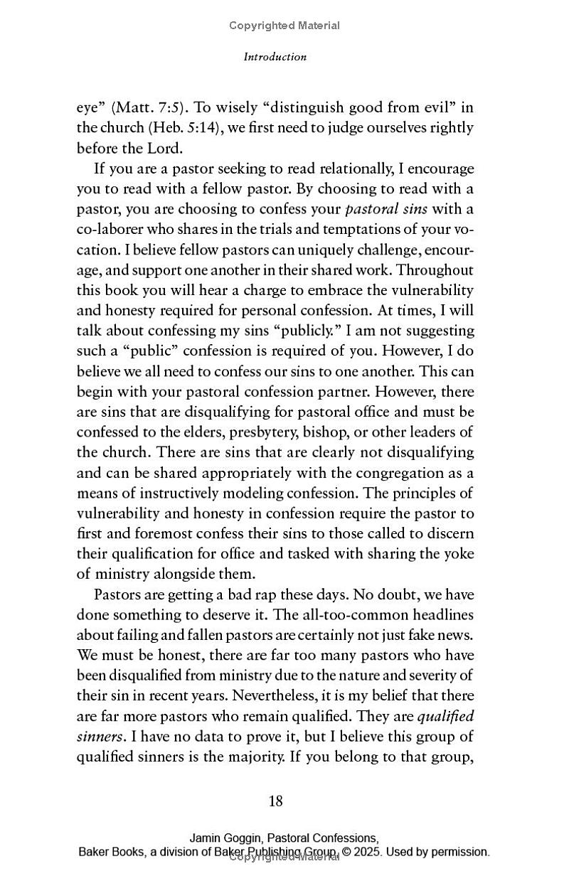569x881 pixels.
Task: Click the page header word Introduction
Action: (x=275, y=57)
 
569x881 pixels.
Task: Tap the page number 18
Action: (x=276, y=801)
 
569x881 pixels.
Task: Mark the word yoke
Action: (x=458, y=554)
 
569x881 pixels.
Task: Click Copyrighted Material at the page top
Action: (x=284, y=26)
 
